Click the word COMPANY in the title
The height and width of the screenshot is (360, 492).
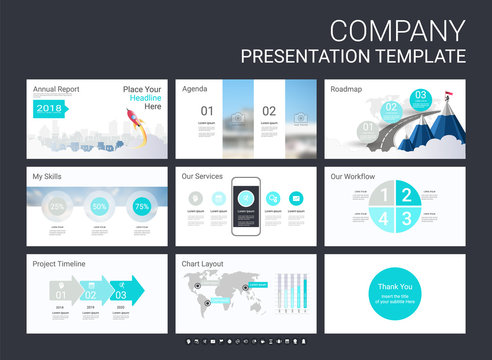coord(397,29)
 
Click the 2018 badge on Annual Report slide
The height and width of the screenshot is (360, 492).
coord(47,108)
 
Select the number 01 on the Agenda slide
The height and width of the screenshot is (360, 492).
coord(206,111)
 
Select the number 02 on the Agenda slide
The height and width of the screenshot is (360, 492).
coord(269,111)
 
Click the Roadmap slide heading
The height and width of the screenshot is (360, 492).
coord(347,88)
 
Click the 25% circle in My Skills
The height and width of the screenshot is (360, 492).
coord(58,206)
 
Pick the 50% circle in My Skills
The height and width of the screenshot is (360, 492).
coord(100,206)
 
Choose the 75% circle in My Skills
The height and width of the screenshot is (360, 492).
coord(142,206)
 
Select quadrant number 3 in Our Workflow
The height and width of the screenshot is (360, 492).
coord(408,219)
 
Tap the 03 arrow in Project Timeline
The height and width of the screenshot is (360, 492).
coord(125,293)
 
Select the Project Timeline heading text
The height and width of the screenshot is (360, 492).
coord(58,264)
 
